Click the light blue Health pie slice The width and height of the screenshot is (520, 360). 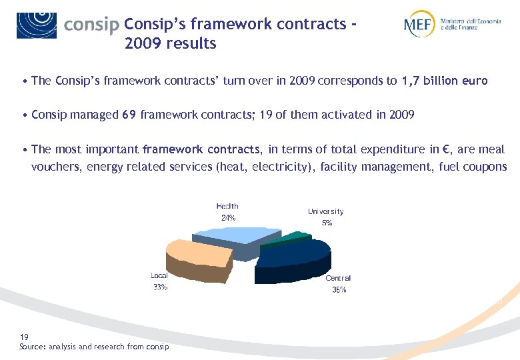coord(230,235)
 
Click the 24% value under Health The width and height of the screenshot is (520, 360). coord(228,218)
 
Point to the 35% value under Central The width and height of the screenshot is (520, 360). coord(339,290)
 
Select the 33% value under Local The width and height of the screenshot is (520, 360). coord(160,288)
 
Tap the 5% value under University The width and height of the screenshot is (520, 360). coord(327,223)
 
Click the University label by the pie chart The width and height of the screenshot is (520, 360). coord(326,211)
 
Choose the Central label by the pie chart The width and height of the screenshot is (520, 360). coord(338,278)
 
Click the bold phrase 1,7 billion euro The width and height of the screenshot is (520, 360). coord(445,81)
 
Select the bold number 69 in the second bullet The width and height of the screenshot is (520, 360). coord(129,115)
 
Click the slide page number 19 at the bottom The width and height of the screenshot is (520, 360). coord(24,337)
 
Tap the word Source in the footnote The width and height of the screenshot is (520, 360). coord(32,347)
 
